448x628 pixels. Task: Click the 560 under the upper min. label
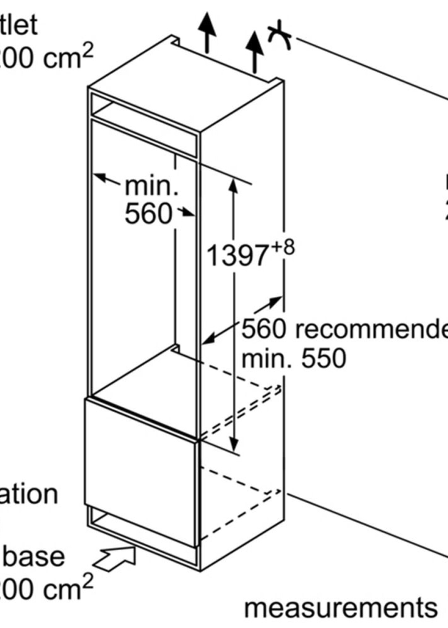(x=148, y=213)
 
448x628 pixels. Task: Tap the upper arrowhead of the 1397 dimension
(x=233, y=186)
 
